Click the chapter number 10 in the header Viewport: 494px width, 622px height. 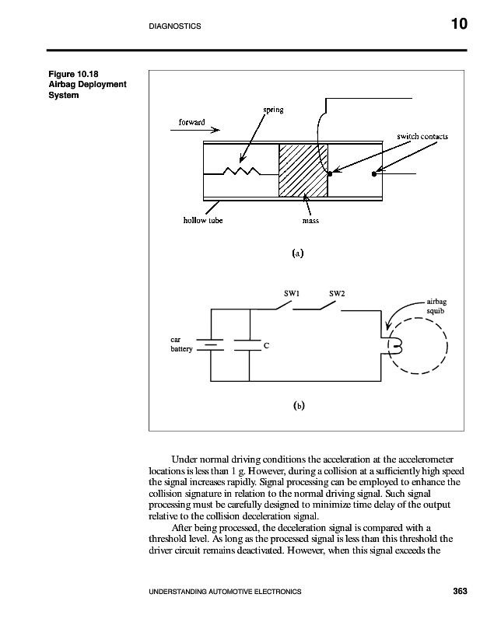tap(458, 25)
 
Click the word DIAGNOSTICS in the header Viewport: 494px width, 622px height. tap(174, 26)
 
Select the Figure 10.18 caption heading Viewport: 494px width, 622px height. tap(66, 75)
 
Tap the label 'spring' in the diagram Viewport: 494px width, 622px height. tap(272, 110)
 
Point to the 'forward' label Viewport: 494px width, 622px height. tap(192, 123)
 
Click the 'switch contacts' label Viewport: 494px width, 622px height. tap(422, 136)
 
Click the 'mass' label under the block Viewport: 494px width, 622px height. tap(310, 220)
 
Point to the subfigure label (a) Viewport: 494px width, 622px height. tap(296, 253)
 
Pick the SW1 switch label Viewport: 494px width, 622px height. tap(293, 293)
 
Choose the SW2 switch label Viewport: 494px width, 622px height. tap(337, 293)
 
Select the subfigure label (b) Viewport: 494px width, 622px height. tap(298, 405)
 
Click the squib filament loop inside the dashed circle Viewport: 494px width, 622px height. tap(394, 345)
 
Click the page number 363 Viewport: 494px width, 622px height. tap(460, 592)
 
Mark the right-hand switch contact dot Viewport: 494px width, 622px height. tap(374, 173)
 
